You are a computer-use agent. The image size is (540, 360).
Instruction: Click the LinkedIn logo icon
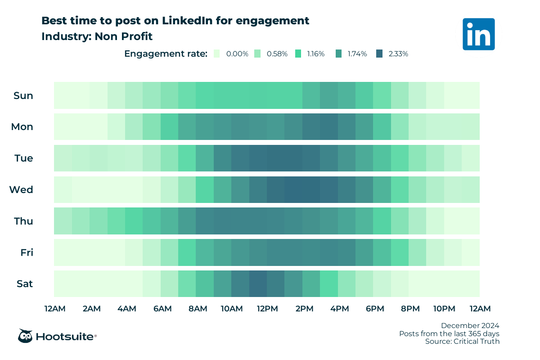(478, 34)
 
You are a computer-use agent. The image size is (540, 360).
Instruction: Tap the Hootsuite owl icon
(25, 336)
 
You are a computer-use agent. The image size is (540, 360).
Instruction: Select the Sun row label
(23, 95)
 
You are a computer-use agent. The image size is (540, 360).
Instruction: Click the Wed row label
(21, 190)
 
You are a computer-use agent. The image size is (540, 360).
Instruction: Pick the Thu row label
(23, 221)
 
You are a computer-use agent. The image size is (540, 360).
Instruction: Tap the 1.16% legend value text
(316, 54)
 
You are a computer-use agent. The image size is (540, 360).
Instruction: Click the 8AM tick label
(198, 309)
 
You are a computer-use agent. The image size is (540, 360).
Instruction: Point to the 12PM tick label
(267, 309)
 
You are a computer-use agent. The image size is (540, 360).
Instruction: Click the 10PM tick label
(444, 309)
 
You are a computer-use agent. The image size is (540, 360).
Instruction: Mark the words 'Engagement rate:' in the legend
(166, 54)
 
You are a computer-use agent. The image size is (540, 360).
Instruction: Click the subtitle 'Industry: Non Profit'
(97, 36)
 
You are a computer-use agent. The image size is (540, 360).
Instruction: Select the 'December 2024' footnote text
(470, 325)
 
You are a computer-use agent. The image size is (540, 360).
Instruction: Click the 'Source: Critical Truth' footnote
(462, 342)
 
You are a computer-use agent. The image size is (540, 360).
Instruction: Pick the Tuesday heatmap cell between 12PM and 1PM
(276, 158)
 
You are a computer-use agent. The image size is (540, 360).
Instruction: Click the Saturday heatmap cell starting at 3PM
(329, 284)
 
